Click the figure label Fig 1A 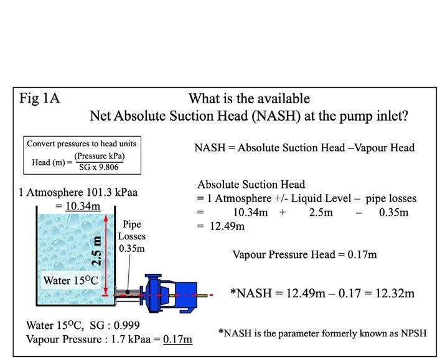(39, 98)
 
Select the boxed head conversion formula (82, 155)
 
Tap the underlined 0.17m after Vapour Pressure (178, 339)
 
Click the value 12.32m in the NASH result (395, 293)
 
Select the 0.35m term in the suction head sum (393, 213)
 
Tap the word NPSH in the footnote (413, 333)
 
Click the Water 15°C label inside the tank (70, 280)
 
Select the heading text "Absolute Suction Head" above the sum (251, 185)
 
